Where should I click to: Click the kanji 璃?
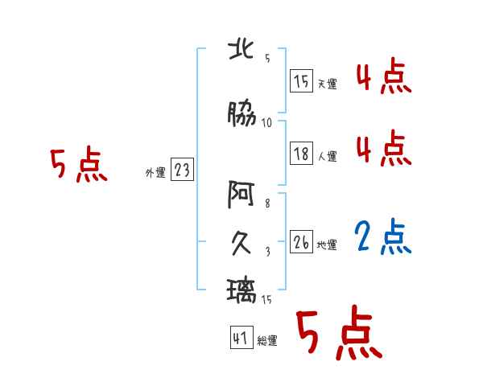(243, 289)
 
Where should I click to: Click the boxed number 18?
(301, 154)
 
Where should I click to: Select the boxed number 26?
(301, 242)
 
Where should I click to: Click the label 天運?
(327, 84)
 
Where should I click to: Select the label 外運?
(155, 172)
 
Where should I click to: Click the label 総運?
(267, 341)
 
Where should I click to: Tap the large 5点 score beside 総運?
(338, 335)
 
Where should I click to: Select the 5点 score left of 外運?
(78, 166)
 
